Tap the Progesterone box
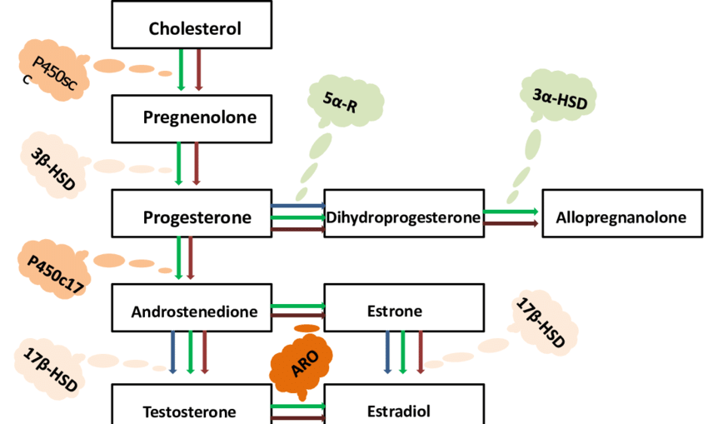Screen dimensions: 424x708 pos(192,217)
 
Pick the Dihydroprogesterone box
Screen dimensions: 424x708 pos(403,217)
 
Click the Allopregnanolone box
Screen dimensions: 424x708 pos(622,217)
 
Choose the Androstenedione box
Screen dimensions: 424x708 pos(192,312)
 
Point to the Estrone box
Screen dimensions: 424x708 pos(403,312)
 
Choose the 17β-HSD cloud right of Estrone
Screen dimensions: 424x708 pos(541,322)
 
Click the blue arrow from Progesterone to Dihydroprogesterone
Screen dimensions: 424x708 pos(297,206)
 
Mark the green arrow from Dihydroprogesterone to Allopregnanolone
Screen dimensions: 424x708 pos(511,212)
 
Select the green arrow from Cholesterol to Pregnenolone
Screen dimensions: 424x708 pos(181,70)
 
